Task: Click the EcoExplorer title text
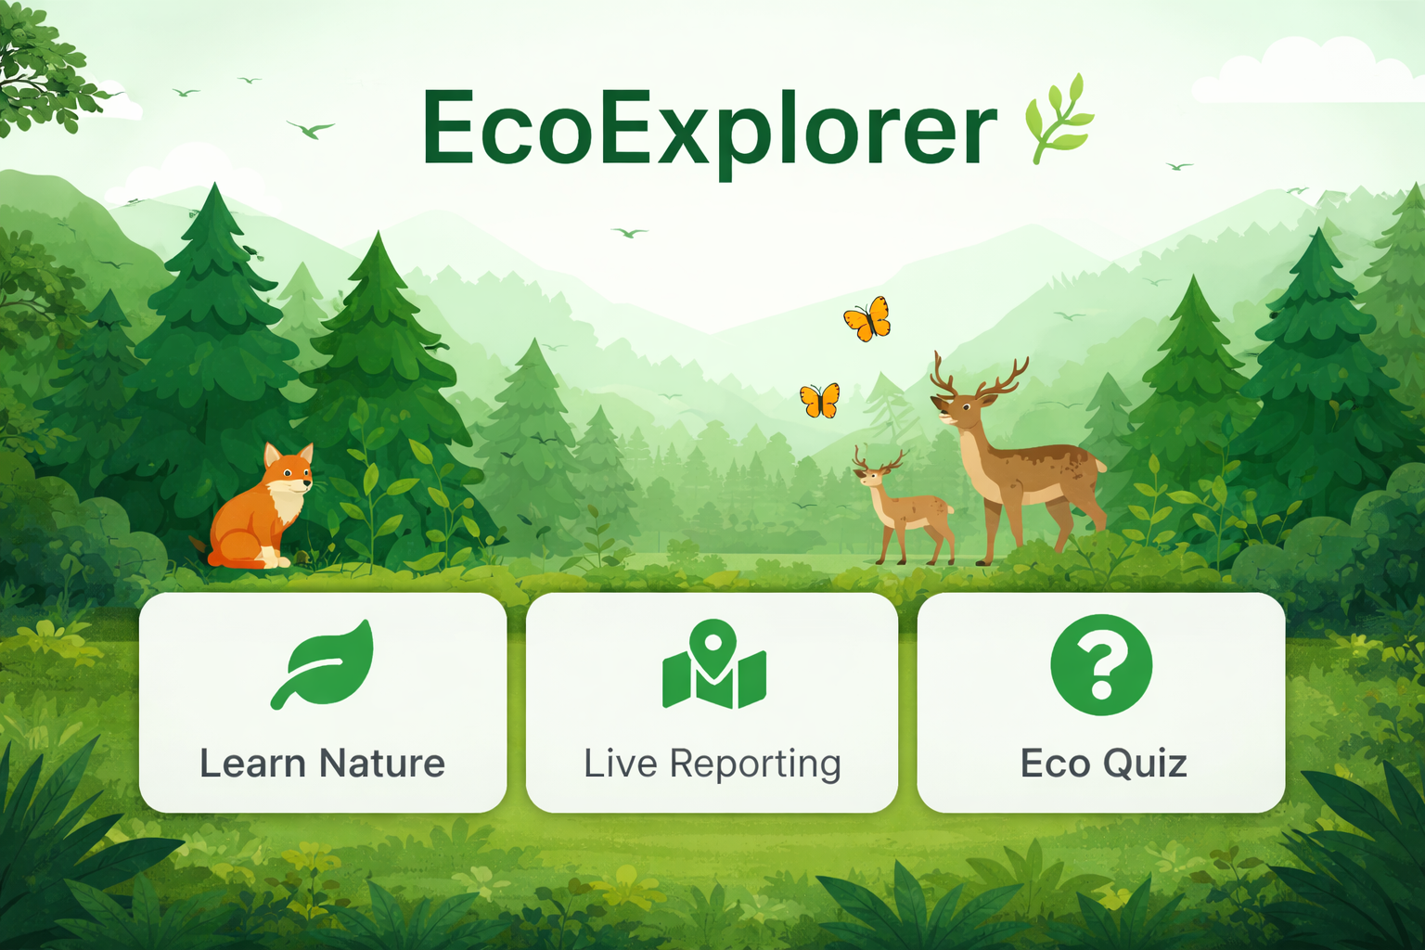pyautogui.click(x=709, y=133)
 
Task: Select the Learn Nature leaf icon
pyautogui.click(x=323, y=663)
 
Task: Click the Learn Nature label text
pyautogui.click(x=323, y=763)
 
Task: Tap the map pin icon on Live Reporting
pyautogui.click(x=713, y=663)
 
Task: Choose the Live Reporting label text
pyautogui.click(x=712, y=764)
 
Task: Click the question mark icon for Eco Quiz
pyautogui.click(x=1101, y=664)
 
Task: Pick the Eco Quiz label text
pyautogui.click(x=1104, y=763)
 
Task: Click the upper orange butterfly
pyautogui.click(x=867, y=319)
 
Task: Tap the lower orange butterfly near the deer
pyautogui.click(x=820, y=401)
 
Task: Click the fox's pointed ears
pyautogui.click(x=289, y=455)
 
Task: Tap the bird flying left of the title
pyautogui.click(x=311, y=130)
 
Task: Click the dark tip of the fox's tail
pyautogui.click(x=199, y=544)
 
